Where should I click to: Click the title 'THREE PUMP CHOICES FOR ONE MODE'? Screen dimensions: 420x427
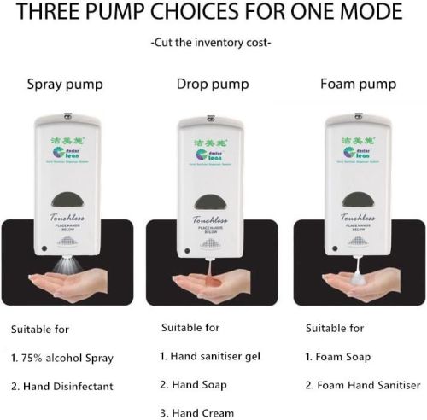[213, 15]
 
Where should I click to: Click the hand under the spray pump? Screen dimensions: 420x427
[60, 281]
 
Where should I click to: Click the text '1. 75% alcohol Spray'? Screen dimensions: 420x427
[61, 358]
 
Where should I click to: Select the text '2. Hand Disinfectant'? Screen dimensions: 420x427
[61, 387]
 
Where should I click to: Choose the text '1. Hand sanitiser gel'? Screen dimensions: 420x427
[210, 356]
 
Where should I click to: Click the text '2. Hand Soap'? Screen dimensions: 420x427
[194, 385]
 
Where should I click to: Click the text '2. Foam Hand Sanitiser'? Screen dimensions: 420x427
[361, 386]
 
